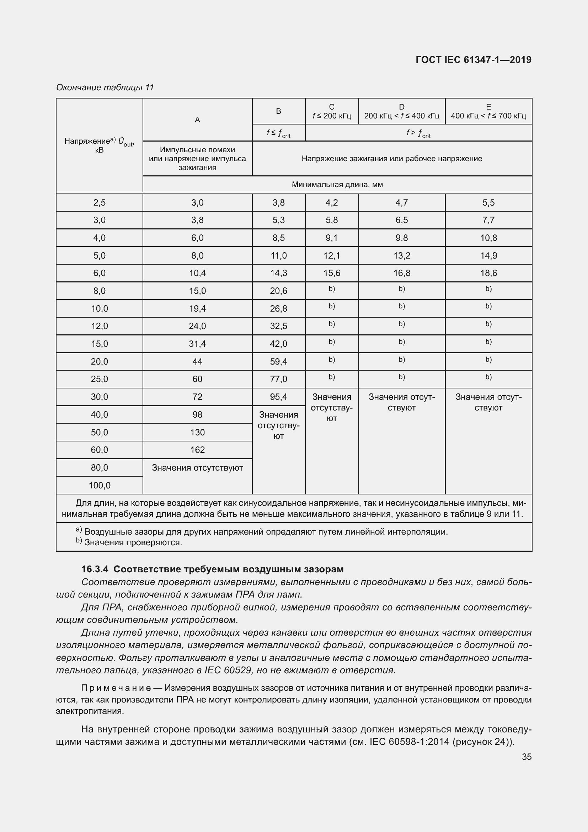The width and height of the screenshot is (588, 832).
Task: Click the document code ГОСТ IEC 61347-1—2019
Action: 474,60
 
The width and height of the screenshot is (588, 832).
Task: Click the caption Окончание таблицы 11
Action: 105,88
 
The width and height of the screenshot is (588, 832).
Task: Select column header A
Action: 197,120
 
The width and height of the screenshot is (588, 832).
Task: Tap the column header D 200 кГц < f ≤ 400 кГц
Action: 401,111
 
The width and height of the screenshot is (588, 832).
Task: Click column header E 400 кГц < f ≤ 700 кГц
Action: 488,111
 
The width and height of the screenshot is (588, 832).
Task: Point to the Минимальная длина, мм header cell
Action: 337,185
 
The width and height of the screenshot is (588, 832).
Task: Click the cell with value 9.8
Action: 401,238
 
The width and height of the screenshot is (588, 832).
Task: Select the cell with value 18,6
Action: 488,273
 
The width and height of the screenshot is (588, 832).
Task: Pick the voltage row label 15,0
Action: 99,344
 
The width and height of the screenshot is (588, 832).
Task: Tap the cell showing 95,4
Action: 278,397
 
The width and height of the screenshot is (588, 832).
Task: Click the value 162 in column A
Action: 197,450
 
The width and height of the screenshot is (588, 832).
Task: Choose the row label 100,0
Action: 99,485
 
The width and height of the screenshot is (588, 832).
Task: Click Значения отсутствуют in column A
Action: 197,467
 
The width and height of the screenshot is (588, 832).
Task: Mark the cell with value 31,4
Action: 197,344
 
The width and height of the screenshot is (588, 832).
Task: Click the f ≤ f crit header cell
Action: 278,133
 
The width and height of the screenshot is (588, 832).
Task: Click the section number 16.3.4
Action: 95,569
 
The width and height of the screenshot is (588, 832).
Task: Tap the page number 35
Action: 526,757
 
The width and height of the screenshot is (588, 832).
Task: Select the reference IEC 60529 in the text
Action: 228,670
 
